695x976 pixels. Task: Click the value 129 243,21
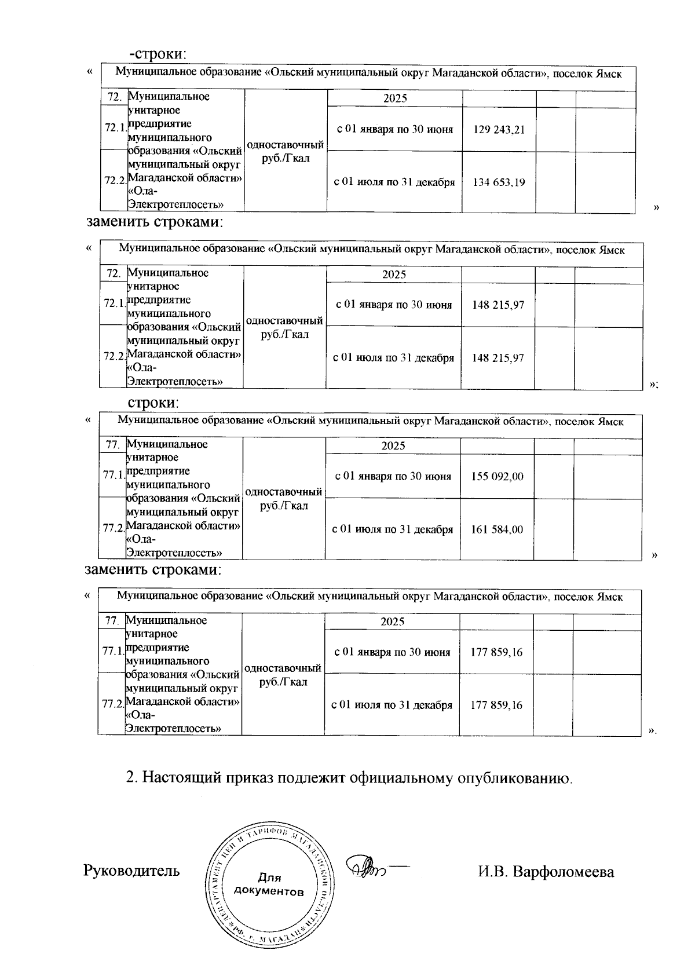pos(499,130)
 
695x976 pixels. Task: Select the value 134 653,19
pos(499,182)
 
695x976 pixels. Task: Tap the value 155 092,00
pos(497,477)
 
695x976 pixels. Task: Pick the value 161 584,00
pos(497,529)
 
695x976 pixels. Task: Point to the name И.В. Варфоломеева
pos(546,871)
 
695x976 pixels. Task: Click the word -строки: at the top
pos(158,54)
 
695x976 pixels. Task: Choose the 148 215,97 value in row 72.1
pos(498,305)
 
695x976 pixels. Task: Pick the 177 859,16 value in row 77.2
pos(496,706)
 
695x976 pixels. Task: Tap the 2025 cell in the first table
pos(395,98)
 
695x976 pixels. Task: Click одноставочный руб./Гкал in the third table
pos(284,499)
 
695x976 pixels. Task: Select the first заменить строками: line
pos(155,222)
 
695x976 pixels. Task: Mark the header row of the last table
pos(370,597)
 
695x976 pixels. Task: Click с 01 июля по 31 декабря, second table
pos(393,358)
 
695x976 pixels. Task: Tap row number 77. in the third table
pos(112,445)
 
